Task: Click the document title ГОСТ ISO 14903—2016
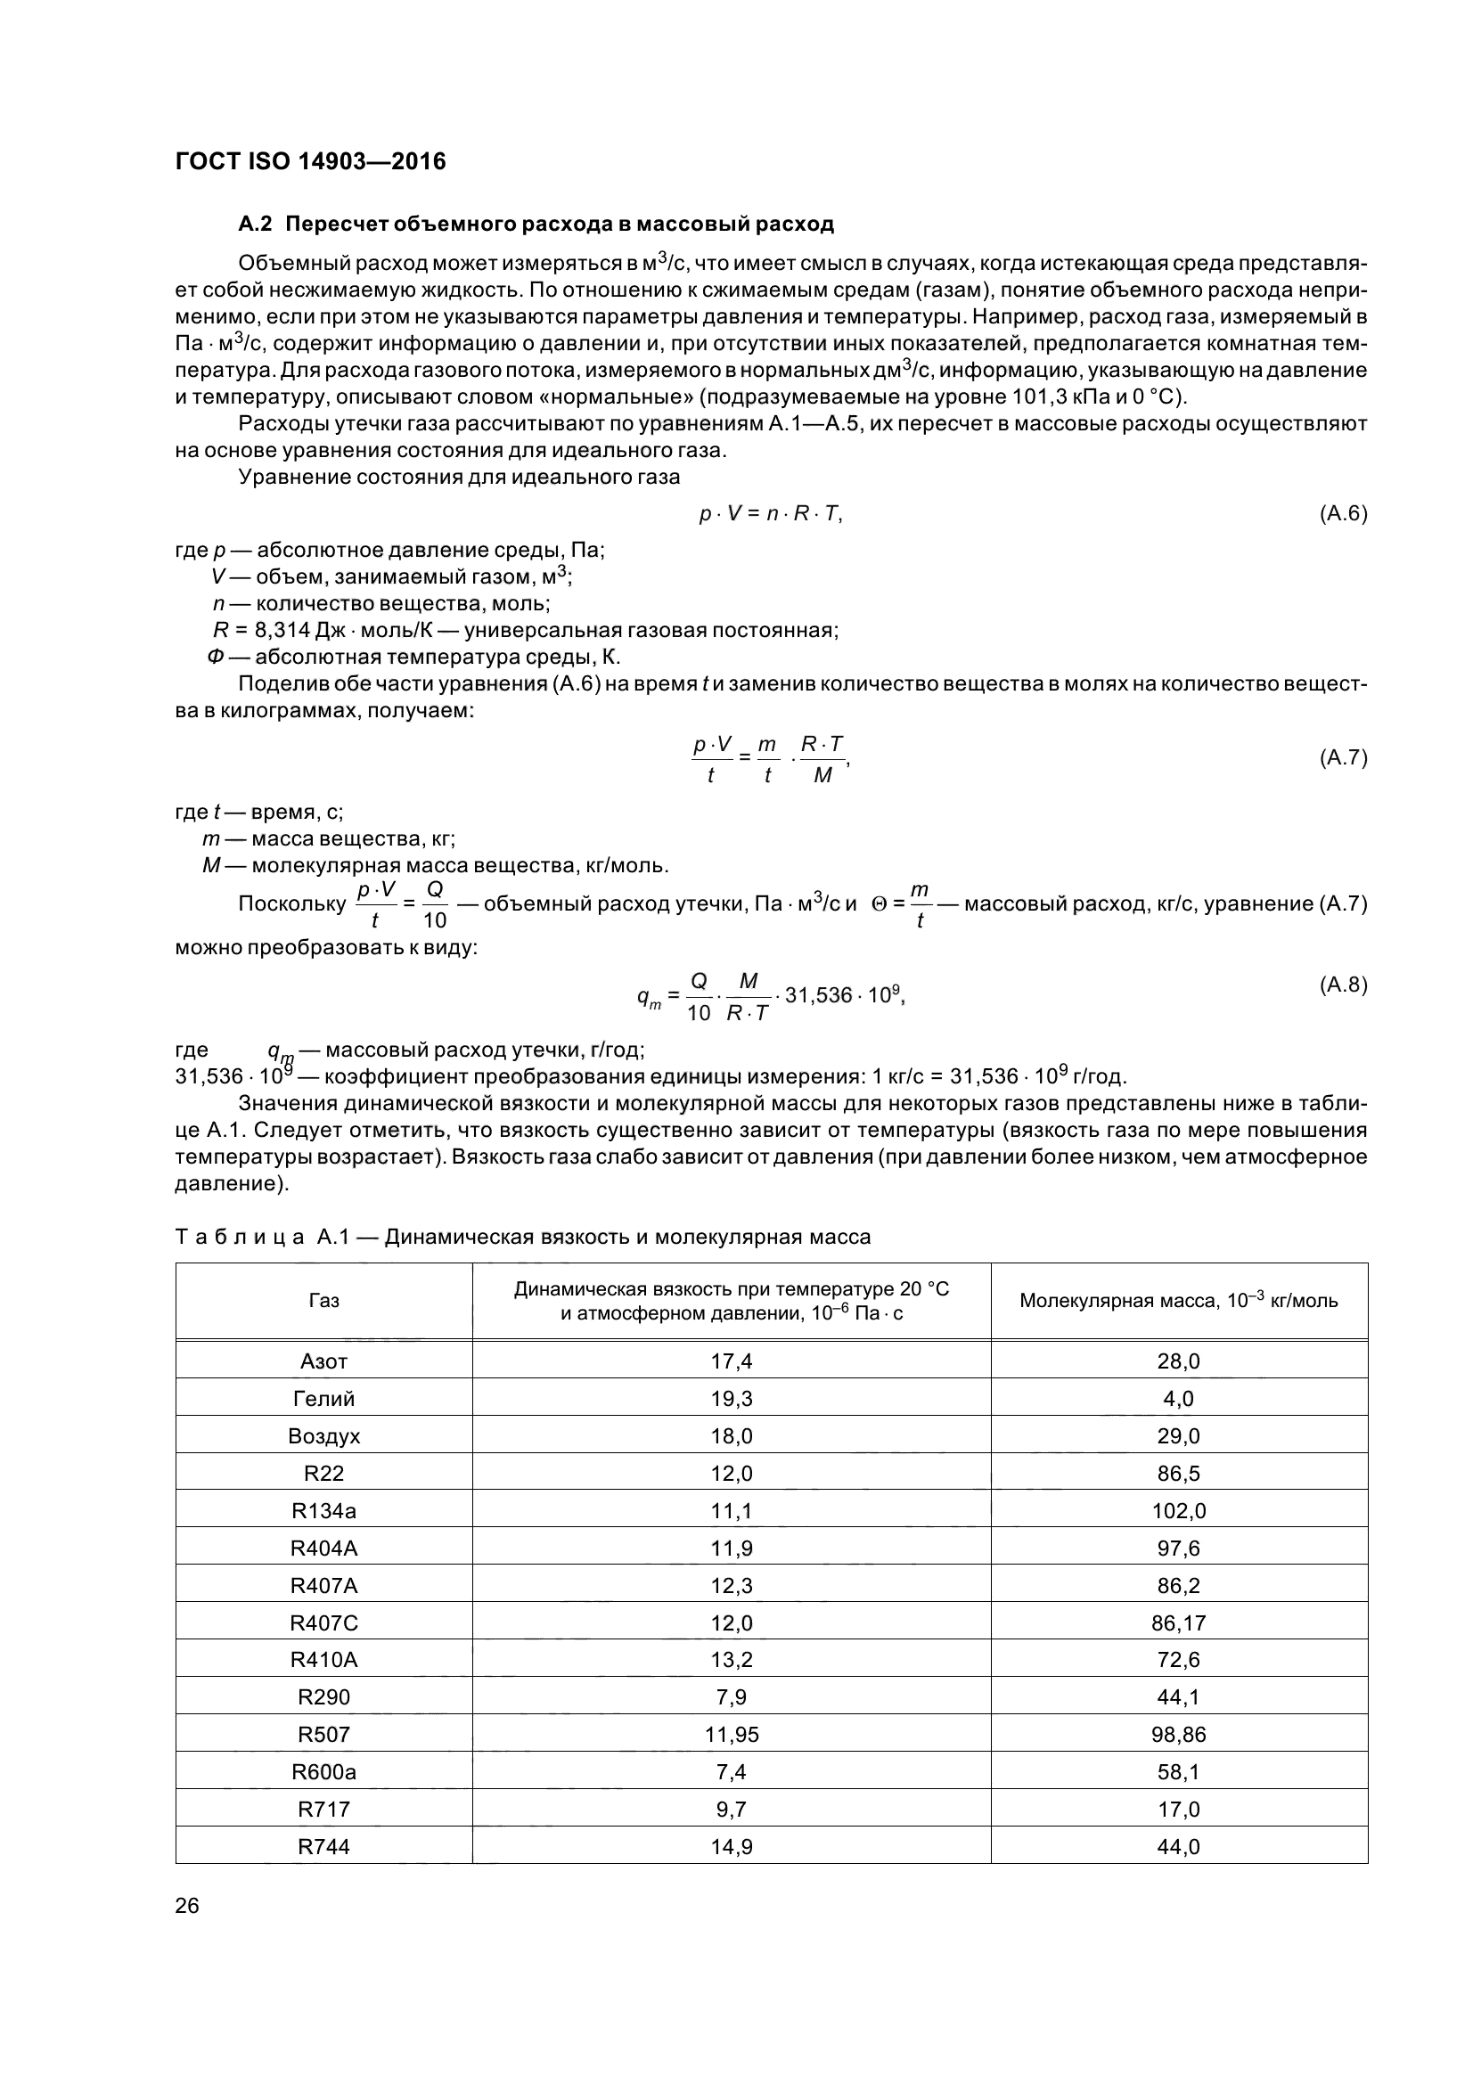[310, 161]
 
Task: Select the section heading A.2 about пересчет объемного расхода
[536, 224]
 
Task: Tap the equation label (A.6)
[1342, 514]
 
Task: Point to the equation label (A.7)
[1342, 758]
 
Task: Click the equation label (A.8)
[1342, 985]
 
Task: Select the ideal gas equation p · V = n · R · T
[771, 514]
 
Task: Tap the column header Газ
[324, 1301]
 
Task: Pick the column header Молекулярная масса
[1178, 1301]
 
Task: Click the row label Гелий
[324, 1399]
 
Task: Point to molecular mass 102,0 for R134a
[1178, 1511]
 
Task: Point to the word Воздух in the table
[324, 1436]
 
